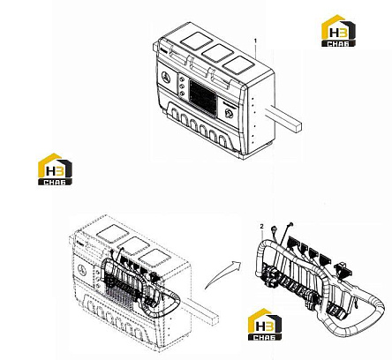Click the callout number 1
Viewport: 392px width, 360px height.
(x=255, y=41)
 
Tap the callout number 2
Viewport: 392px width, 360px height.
(x=261, y=226)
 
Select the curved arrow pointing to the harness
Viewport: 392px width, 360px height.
(x=222, y=274)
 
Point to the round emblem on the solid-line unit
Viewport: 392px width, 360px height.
(x=166, y=78)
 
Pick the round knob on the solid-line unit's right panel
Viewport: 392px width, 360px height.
(x=229, y=113)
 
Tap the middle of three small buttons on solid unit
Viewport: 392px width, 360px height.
(x=182, y=86)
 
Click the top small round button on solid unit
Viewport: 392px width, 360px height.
(x=182, y=79)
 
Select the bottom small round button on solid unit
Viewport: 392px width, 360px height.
(x=182, y=94)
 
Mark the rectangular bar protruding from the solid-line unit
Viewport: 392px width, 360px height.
(x=283, y=118)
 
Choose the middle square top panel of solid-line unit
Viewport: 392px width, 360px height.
(x=217, y=53)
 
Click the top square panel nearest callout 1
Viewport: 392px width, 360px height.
(x=237, y=64)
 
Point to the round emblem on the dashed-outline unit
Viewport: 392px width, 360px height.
(x=82, y=270)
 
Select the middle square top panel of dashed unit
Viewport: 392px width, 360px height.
(x=133, y=245)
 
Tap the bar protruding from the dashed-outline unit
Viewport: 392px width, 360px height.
(x=200, y=311)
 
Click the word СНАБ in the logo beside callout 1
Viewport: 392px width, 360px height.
(x=338, y=44)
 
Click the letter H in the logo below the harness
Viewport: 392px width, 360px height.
(x=260, y=326)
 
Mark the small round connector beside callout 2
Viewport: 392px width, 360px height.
(x=275, y=228)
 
